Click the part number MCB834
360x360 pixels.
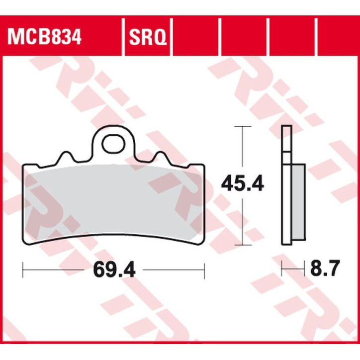(x=44, y=37)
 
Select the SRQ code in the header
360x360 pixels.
(x=146, y=37)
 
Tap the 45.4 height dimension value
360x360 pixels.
(x=243, y=185)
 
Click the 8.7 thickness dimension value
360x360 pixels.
(x=324, y=270)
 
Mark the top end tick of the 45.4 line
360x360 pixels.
(x=242, y=127)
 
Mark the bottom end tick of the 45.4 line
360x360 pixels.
(x=242, y=245)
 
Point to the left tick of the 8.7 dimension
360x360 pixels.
(x=282, y=270)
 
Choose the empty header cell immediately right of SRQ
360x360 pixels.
(x=195, y=37)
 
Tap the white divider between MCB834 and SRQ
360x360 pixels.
(x=122, y=37)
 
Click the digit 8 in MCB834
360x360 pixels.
(x=54, y=37)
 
